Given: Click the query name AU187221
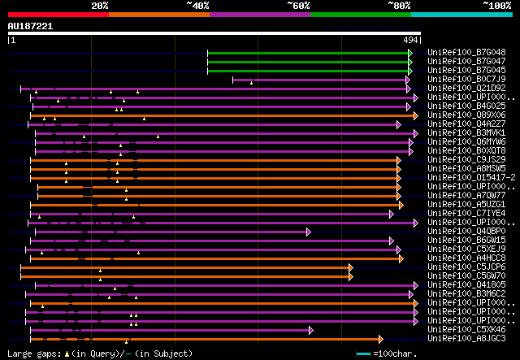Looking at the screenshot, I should (x=30, y=26).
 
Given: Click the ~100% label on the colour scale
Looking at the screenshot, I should (x=496, y=6).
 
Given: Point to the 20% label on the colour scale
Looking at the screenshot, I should (x=100, y=6).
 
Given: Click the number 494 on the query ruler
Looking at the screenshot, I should (x=411, y=39).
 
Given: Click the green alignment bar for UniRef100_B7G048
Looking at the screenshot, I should (x=308, y=52).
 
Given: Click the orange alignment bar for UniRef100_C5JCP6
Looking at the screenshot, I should (x=187, y=267).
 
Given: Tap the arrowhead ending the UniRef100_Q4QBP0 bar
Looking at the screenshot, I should (x=309, y=231).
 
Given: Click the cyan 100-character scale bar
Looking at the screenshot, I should (x=364, y=353).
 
